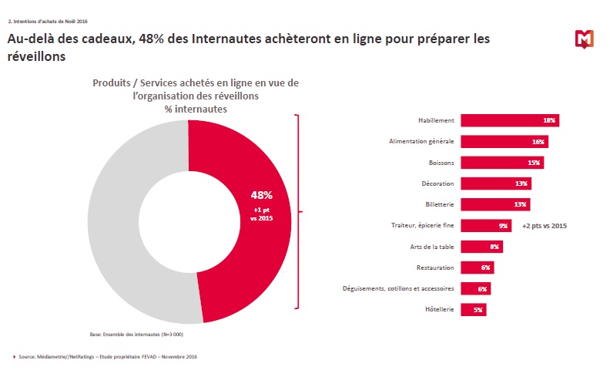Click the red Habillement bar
click(x=509, y=120)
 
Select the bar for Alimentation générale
click(x=504, y=142)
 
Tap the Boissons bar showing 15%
click(x=502, y=163)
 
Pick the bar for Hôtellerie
click(x=474, y=309)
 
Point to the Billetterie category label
click(x=437, y=205)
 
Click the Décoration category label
click(x=437, y=183)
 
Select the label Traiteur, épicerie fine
click(x=422, y=226)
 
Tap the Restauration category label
click(x=434, y=268)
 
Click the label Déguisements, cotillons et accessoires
click(x=398, y=288)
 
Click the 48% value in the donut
click(x=262, y=195)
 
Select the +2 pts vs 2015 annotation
click(x=544, y=226)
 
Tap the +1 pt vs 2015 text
click(x=262, y=214)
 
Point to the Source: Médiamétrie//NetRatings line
click(x=107, y=356)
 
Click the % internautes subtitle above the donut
click(x=189, y=109)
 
